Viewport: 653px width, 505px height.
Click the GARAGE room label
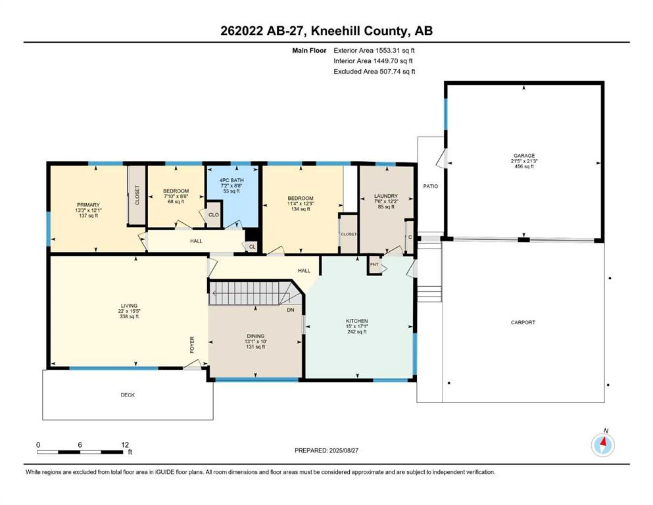(523, 156)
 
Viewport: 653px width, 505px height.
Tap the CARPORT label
(523, 322)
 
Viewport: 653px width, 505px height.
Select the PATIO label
(430, 186)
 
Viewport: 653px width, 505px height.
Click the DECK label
(128, 395)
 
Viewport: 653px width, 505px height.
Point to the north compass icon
(602, 445)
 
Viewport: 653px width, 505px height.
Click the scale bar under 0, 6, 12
(80, 452)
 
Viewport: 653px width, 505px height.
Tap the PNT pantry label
(374, 264)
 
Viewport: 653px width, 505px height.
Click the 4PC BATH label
(231, 180)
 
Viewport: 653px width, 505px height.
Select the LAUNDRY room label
(385, 196)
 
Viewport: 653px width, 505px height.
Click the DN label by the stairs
(290, 310)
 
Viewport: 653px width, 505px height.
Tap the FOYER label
(192, 345)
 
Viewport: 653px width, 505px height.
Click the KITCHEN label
(357, 321)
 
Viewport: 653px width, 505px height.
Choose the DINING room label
(255, 336)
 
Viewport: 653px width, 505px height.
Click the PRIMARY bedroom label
(88, 205)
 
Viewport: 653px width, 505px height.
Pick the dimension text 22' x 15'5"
(129, 311)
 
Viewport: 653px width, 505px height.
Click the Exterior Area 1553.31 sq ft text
(374, 51)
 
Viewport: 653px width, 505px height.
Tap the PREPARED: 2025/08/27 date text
(326, 450)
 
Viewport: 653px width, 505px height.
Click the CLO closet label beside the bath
(214, 215)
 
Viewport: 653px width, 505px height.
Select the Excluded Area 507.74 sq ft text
(374, 71)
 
